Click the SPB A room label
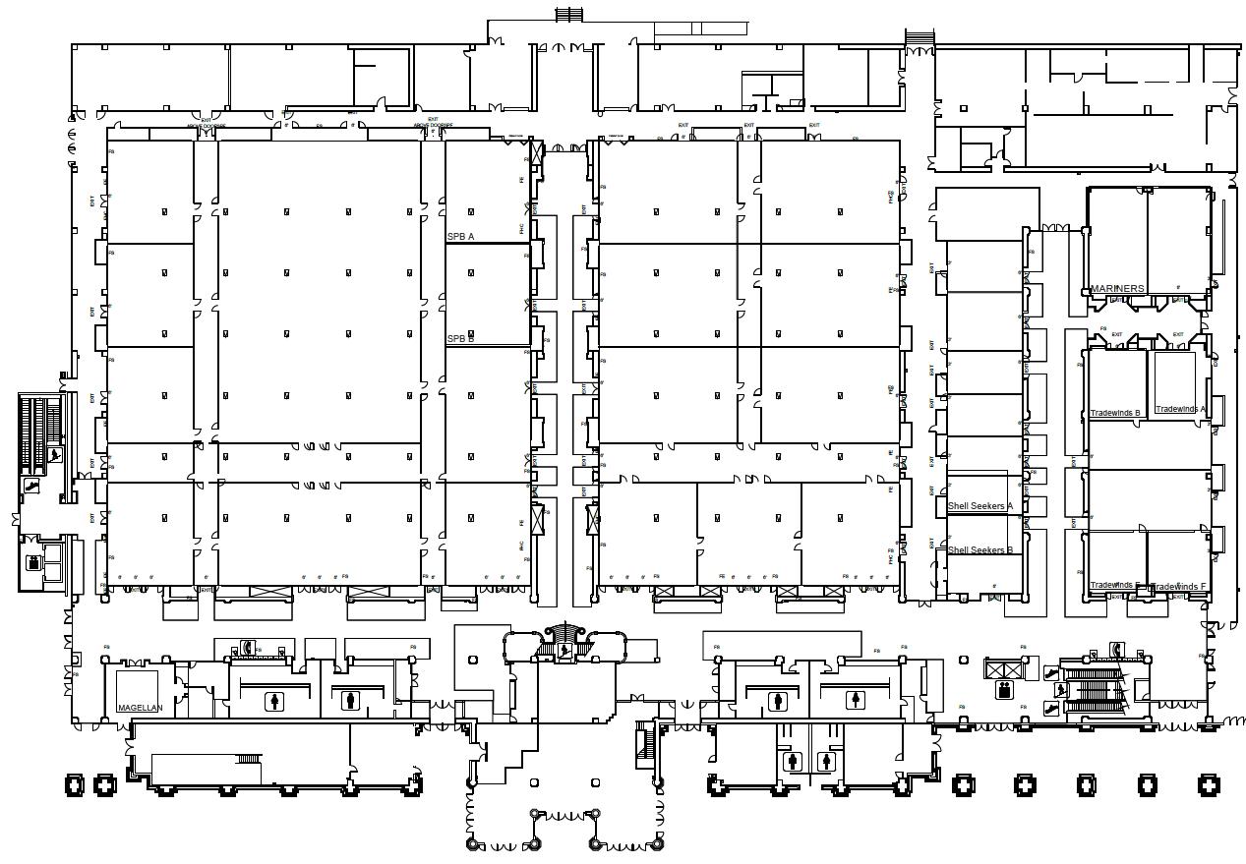click(x=460, y=237)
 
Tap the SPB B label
click(x=460, y=339)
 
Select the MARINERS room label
click(x=1117, y=289)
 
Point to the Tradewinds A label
click(x=1180, y=409)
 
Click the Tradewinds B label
click(x=1115, y=413)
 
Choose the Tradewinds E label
click(x=1115, y=586)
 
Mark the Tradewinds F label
click(x=1178, y=587)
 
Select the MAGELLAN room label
click(x=140, y=708)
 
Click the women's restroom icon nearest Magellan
click(x=272, y=701)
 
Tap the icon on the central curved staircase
click(x=564, y=650)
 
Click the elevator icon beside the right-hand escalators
click(x=1004, y=689)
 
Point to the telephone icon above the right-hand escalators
click(x=1118, y=649)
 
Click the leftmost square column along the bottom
click(x=75, y=784)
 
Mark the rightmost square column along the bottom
click(x=1208, y=784)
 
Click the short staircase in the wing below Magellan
click(x=248, y=758)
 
